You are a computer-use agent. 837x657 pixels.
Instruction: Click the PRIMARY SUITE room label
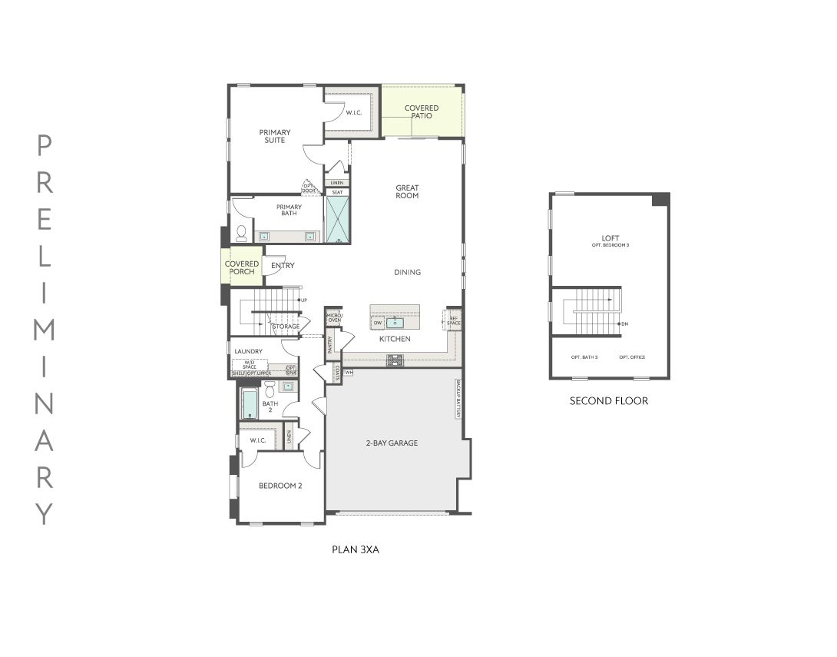click(274, 136)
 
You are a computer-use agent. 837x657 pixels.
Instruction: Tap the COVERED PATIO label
click(422, 111)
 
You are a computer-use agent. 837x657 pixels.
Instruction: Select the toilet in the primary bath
click(241, 233)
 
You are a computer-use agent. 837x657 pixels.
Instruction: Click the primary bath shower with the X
click(337, 220)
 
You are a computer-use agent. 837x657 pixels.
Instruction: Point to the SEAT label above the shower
click(336, 192)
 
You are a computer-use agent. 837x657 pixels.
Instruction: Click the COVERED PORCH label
click(242, 267)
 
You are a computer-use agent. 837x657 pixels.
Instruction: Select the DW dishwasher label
click(378, 324)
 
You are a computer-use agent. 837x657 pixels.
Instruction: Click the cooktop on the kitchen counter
click(395, 359)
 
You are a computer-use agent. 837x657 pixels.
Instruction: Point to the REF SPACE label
click(454, 320)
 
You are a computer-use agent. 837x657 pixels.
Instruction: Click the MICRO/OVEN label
click(333, 317)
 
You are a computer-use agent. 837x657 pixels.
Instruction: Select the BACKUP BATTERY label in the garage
click(458, 398)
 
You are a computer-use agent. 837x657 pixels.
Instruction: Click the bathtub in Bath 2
click(250, 404)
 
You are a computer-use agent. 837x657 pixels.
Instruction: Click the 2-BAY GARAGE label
click(392, 443)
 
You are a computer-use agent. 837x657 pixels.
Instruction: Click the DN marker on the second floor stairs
click(624, 324)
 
